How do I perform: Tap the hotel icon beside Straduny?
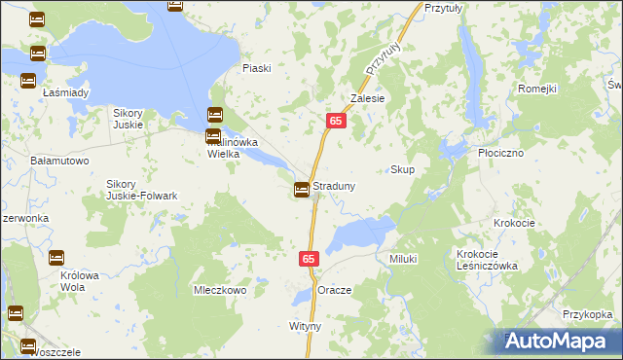pos(303,189)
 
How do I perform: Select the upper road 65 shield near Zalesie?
pos(335,120)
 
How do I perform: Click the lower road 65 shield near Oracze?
pos(309,259)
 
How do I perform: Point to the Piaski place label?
pos(257,68)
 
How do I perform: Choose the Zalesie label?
pos(368,98)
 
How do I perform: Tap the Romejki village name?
pos(536,89)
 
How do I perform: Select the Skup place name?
pos(402,170)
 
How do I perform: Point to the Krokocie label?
pos(514,223)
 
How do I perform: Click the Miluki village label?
pos(403,259)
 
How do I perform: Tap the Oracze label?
pos(334,291)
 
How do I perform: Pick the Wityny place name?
pos(305,326)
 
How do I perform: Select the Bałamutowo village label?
pos(60,160)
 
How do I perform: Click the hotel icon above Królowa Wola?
pos(56,258)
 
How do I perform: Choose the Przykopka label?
pos(587,314)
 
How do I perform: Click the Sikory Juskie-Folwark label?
pos(142,190)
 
